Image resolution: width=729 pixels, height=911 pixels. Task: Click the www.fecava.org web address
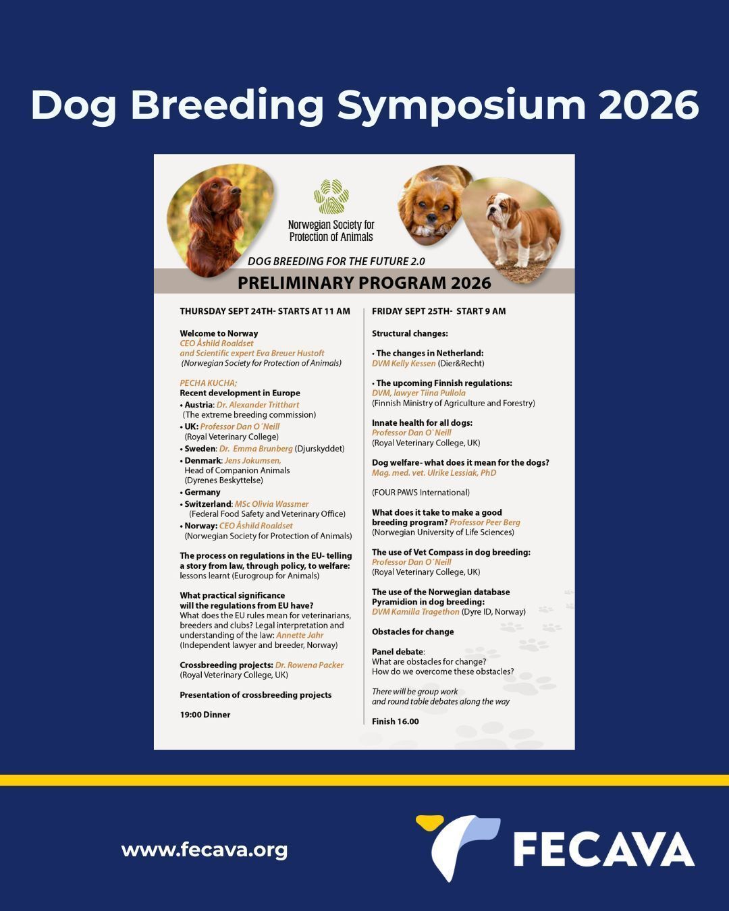pos(204,850)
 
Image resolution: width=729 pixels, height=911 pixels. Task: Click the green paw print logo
pos(331,196)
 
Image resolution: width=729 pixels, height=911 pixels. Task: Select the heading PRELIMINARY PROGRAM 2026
pos(364,282)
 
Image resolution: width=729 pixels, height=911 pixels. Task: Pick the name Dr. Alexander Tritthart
pos(258,405)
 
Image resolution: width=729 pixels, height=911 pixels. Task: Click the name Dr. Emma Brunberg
pos(256,448)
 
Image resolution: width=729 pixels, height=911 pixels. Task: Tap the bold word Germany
pos(202,493)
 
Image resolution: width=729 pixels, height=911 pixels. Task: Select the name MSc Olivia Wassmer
pos(272,504)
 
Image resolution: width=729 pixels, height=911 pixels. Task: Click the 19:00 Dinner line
pos(205,715)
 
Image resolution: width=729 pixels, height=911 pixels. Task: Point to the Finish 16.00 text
pos(395,721)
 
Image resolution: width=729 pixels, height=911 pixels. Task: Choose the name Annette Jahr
pos(300,635)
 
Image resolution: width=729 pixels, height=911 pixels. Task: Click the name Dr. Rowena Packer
pos(309,665)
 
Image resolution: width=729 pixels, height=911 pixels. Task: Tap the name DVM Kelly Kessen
pos(404,363)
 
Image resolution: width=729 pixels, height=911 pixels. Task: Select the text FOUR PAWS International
pos(421,493)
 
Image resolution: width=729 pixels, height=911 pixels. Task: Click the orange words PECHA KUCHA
pos(209,383)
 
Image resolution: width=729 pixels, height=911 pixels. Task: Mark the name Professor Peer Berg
pos(485,522)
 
